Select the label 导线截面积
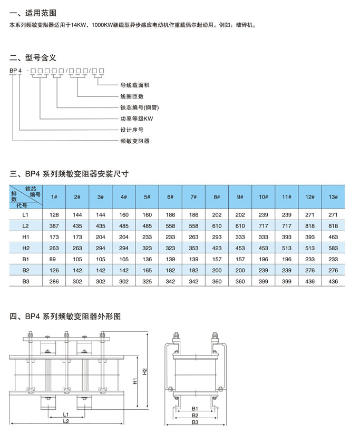134,85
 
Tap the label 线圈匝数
132,96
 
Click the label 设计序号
132,130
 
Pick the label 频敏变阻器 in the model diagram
134,141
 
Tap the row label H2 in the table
25,248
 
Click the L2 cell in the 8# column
217,226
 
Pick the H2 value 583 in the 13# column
333,248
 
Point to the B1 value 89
54,259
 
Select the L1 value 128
54,215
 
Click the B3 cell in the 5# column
147,282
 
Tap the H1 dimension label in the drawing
135,380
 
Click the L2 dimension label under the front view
66,421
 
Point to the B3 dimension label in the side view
194,422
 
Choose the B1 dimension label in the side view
194,408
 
